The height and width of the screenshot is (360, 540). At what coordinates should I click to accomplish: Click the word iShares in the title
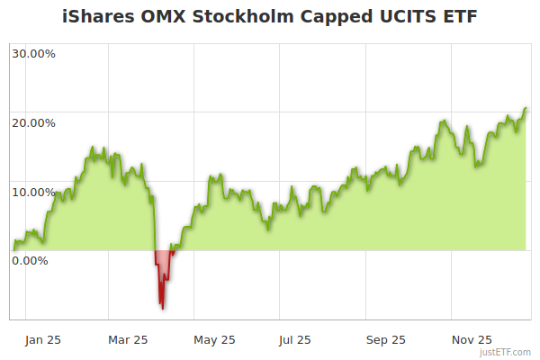96,17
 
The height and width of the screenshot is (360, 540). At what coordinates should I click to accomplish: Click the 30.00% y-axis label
33,53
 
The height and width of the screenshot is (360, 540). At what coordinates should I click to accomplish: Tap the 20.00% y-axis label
33,122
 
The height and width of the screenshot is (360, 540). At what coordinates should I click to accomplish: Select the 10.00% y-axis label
33,192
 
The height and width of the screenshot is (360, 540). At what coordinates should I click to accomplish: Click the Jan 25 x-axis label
43,339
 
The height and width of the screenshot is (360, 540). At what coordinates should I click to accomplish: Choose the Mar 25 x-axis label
128,339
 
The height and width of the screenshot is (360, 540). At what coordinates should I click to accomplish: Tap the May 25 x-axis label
214,339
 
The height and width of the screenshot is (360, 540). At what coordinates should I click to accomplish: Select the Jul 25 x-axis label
295,339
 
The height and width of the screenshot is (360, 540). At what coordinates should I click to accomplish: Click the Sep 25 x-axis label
387,339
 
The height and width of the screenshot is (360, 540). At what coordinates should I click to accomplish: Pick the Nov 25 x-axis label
472,339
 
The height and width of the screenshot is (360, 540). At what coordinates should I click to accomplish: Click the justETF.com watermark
505,353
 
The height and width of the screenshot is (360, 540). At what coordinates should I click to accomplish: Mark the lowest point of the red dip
163,309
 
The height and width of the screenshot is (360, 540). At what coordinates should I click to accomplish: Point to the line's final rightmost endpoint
526,108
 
